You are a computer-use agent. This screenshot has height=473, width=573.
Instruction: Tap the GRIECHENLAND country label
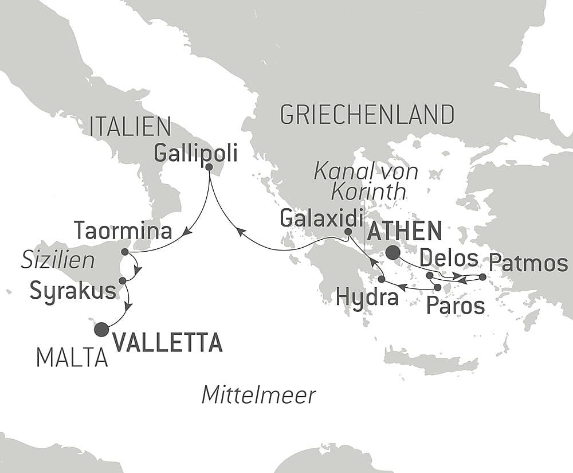(367, 115)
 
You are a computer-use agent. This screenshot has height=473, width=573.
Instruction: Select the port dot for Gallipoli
(209, 167)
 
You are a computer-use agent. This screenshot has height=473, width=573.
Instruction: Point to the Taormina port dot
(125, 252)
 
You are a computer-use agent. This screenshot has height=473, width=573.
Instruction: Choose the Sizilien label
(58, 261)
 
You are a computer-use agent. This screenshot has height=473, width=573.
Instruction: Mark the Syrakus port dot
(122, 281)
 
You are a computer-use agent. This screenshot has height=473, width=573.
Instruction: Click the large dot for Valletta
(101, 329)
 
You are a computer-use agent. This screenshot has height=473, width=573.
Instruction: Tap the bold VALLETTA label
(167, 342)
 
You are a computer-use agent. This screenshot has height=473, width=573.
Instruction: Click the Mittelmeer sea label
(259, 395)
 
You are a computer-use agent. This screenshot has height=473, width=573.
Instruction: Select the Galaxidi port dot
(348, 232)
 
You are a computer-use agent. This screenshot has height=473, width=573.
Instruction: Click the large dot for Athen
(393, 252)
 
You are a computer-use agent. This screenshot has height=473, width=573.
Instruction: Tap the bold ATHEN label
(405, 231)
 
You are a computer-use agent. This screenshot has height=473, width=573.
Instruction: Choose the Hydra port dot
(382, 279)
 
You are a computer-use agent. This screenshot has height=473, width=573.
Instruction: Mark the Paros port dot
(438, 287)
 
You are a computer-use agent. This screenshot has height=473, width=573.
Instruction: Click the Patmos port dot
(482, 277)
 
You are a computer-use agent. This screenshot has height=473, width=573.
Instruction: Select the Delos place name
(449, 259)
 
